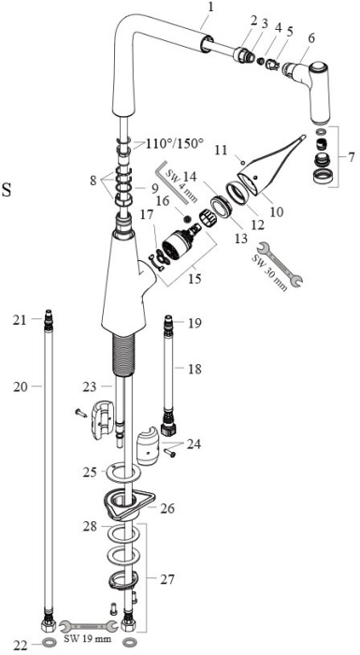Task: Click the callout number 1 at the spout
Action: point(210,7)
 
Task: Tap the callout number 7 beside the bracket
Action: point(352,157)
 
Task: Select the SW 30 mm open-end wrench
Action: point(280,265)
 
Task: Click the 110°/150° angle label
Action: point(175,144)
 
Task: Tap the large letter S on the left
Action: point(7,190)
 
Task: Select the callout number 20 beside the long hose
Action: point(20,386)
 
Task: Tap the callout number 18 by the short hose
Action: point(194,369)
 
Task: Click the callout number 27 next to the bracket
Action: point(168,579)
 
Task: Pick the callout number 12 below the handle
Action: point(258,225)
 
